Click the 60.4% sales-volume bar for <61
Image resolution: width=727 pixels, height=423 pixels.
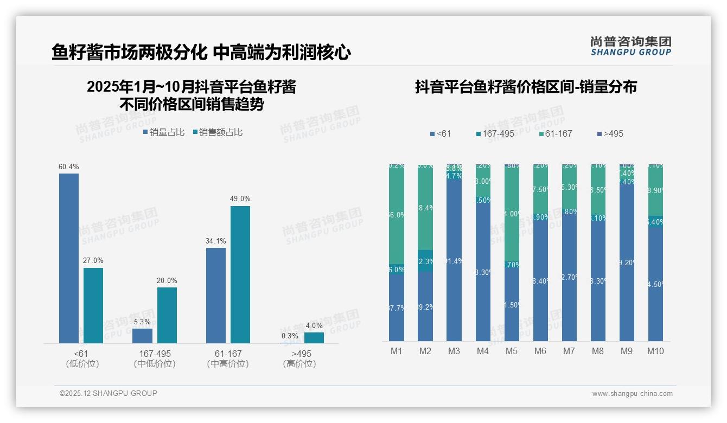click(69, 258)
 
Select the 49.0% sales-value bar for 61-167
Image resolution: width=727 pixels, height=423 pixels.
click(240, 274)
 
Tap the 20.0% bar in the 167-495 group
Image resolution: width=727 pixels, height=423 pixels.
click(167, 315)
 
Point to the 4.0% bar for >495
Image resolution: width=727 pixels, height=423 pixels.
click(314, 337)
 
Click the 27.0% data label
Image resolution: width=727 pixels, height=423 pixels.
click(93, 261)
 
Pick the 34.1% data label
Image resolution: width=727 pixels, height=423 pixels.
click(216, 241)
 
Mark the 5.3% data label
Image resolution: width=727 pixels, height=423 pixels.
click(142, 322)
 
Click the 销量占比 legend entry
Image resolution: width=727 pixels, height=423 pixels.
click(164, 132)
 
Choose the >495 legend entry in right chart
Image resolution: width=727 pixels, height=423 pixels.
click(610, 133)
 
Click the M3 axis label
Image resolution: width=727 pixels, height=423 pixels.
click(454, 351)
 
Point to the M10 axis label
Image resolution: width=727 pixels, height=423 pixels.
click(655, 351)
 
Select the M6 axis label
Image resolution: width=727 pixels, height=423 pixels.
click(540, 351)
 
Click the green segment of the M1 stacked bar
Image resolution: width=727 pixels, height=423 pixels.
click(397, 215)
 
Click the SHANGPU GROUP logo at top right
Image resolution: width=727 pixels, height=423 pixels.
click(631, 46)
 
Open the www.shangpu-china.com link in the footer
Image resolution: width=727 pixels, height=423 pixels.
click(632, 394)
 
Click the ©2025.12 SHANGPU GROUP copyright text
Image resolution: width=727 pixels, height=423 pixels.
click(109, 393)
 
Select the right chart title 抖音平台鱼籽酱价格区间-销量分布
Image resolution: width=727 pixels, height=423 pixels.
click(526, 87)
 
